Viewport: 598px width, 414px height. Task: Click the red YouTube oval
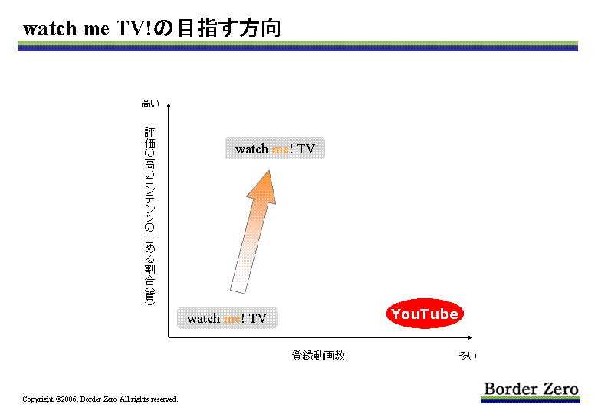[425, 314]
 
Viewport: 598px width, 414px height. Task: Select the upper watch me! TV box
[275, 148]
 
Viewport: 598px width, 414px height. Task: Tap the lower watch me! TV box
[227, 317]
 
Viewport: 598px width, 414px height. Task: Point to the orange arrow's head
[269, 171]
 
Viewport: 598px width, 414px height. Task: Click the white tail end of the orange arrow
[238, 291]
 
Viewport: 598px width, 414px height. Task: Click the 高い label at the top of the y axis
[149, 103]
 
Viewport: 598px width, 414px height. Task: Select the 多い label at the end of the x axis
[468, 356]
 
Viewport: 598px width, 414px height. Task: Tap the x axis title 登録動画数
[318, 356]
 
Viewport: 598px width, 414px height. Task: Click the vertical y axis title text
[149, 216]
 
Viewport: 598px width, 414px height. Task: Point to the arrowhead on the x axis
[471, 337]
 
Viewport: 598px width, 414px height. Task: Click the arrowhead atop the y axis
[169, 105]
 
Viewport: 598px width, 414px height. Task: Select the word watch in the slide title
[50, 28]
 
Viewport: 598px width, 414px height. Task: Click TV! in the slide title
[134, 28]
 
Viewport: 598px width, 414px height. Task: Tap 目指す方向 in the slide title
[229, 28]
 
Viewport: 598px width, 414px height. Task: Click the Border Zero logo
[531, 392]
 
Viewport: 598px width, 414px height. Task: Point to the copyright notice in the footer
[100, 399]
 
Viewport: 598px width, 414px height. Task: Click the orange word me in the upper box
[280, 149]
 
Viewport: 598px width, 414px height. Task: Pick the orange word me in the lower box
[232, 318]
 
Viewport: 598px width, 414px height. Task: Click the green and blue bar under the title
[297, 46]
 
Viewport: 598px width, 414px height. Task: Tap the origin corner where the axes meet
[169, 337]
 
